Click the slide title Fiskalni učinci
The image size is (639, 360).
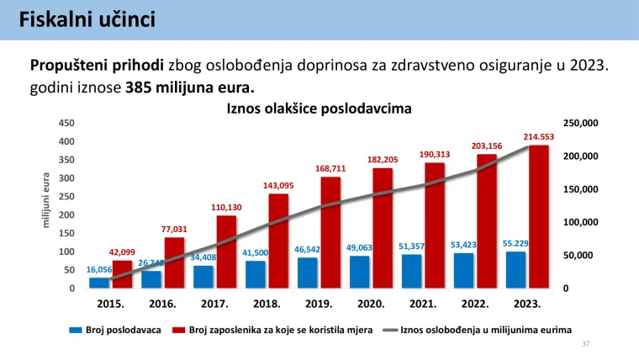click(87, 19)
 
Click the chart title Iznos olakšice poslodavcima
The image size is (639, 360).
click(319, 109)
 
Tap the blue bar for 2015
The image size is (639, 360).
click(99, 283)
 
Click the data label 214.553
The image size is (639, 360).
click(539, 136)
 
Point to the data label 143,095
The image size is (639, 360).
click(278, 185)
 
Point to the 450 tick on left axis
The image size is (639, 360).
click(66, 123)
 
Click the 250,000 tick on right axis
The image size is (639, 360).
click(580, 123)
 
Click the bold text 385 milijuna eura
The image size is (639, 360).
click(189, 87)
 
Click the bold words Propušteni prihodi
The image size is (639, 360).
click(98, 65)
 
